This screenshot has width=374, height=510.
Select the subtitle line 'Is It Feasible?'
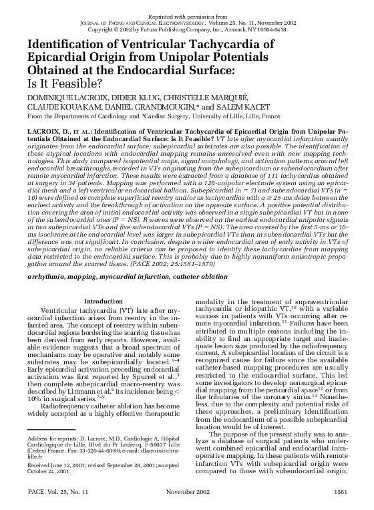click(x=47, y=84)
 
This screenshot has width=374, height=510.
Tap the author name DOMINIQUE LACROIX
click(x=47, y=98)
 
